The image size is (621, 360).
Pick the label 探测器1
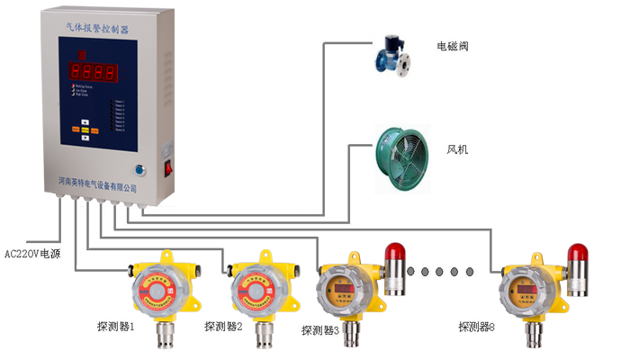(x=116, y=325)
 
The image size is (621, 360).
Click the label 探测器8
(x=476, y=326)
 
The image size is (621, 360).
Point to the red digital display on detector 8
(x=520, y=287)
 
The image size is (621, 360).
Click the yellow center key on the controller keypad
(x=85, y=130)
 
